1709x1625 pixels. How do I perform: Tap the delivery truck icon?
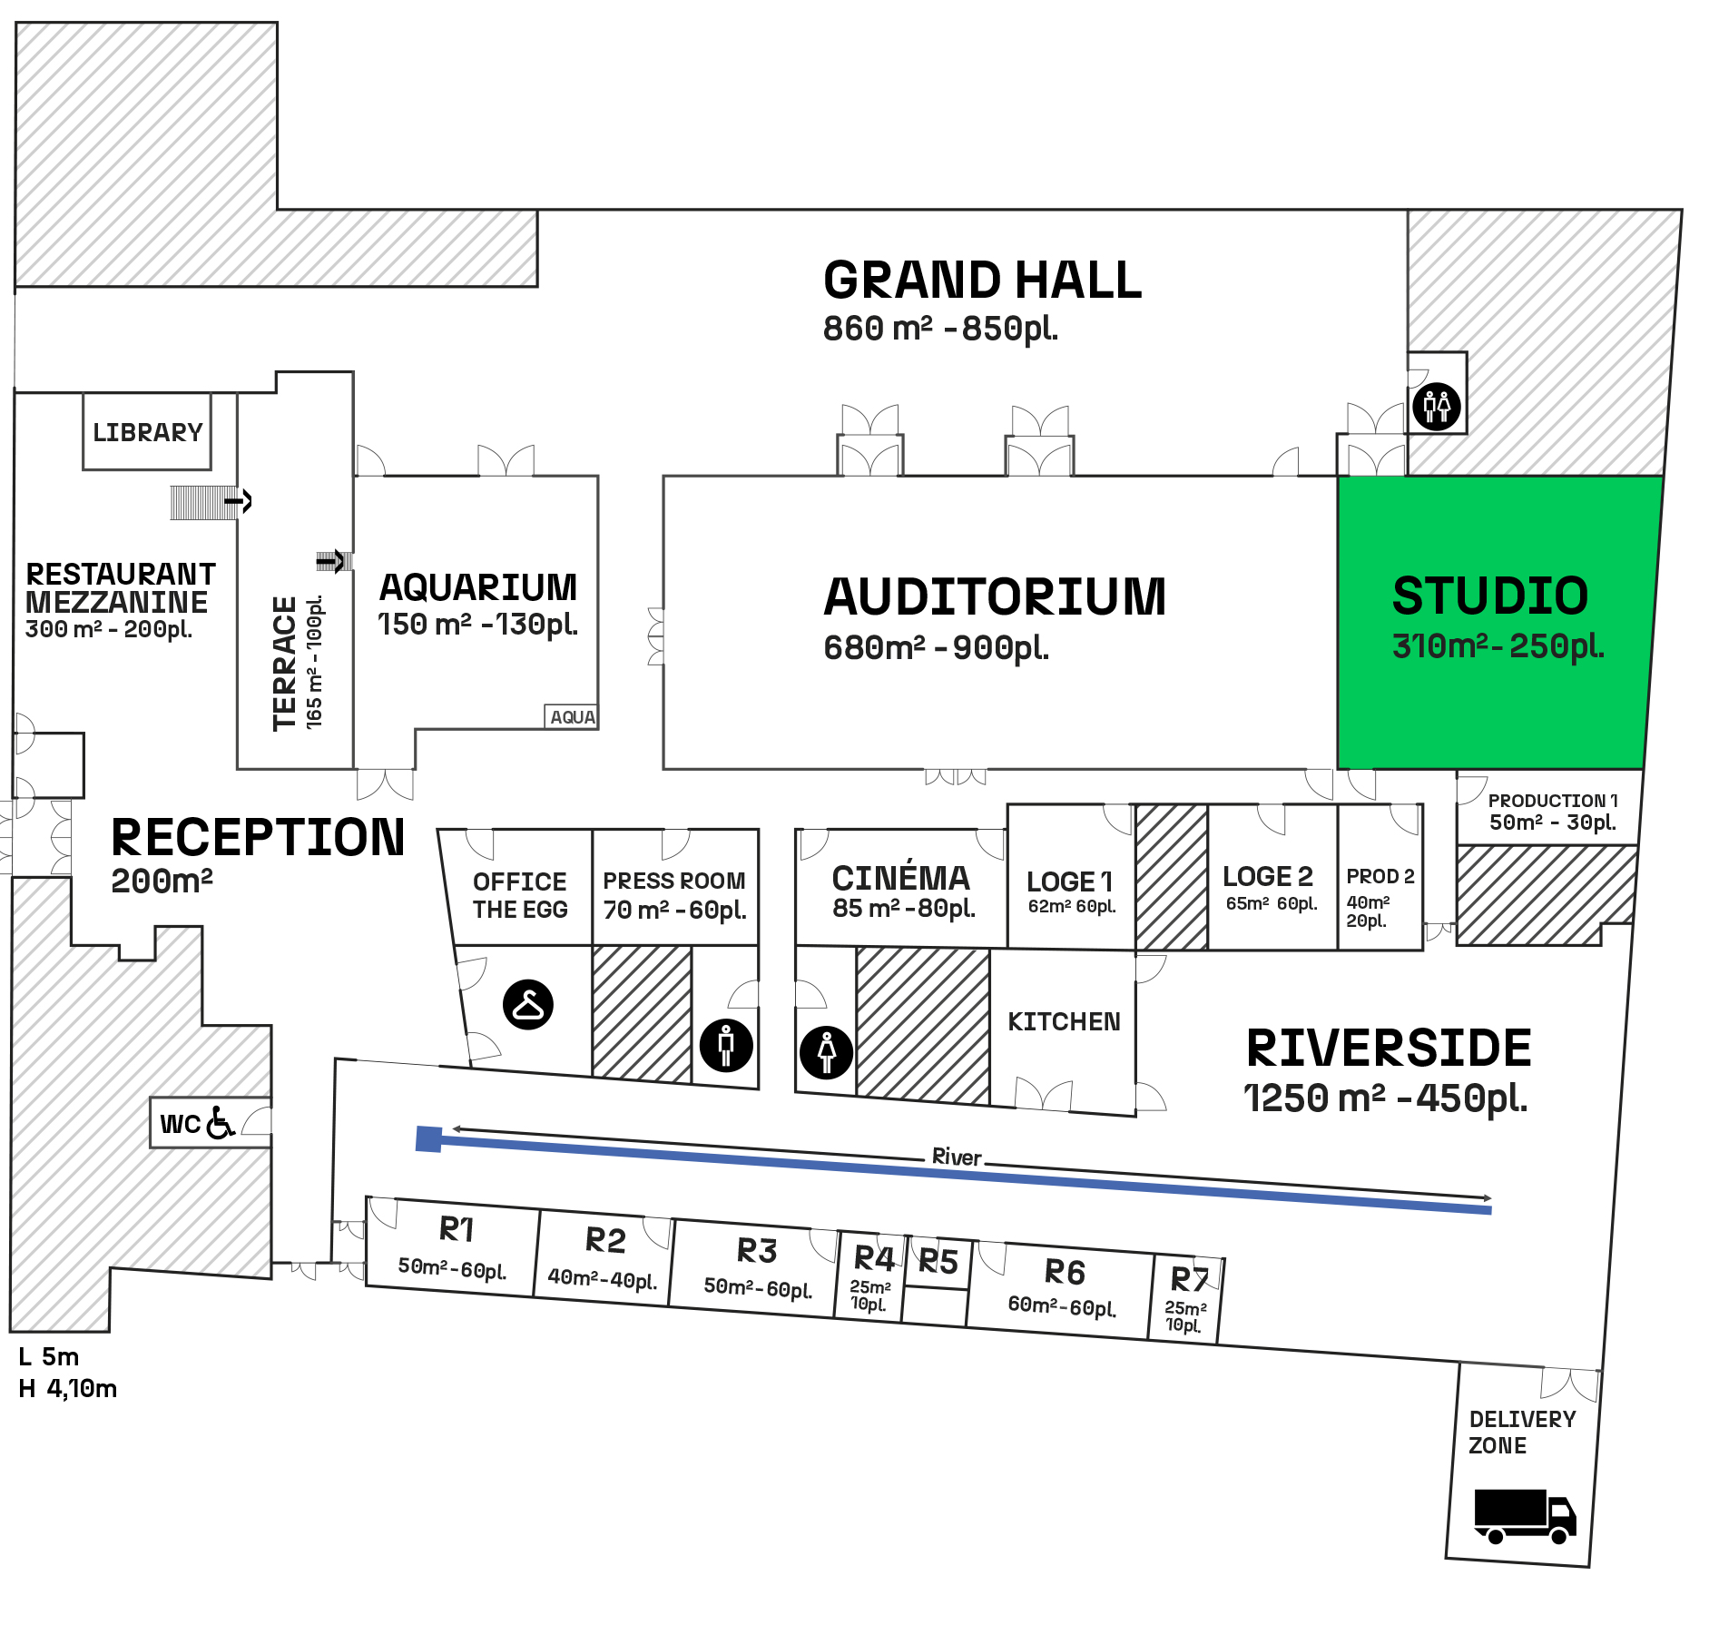coord(1525,1515)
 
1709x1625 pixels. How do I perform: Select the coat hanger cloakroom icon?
coord(528,1004)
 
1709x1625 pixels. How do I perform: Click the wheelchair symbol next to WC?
coord(221,1123)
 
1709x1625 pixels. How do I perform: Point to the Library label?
coord(147,432)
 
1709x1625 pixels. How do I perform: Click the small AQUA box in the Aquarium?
coord(572,717)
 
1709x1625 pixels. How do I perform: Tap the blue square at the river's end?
coord(428,1139)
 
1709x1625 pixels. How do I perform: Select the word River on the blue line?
coord(957,1157)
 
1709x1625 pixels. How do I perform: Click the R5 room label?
coord(938,1262)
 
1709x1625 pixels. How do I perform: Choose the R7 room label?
coord(1190,1280)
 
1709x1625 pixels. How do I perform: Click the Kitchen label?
coord(1064,1022)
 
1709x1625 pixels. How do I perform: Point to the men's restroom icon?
coord(726,1045)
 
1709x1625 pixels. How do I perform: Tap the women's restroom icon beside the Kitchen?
coord(826,1052)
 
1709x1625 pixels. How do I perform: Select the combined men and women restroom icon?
coord(1437,406)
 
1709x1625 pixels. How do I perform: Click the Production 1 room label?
coord(1552,801)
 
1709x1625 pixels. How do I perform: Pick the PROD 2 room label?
coord(1380,877)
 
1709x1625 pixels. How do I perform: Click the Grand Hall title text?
coord(982,280)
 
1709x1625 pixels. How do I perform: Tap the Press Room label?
coord(673,881)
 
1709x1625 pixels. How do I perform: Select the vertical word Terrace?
coord(285,663)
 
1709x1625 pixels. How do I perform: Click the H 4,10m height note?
coord(68,1388)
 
